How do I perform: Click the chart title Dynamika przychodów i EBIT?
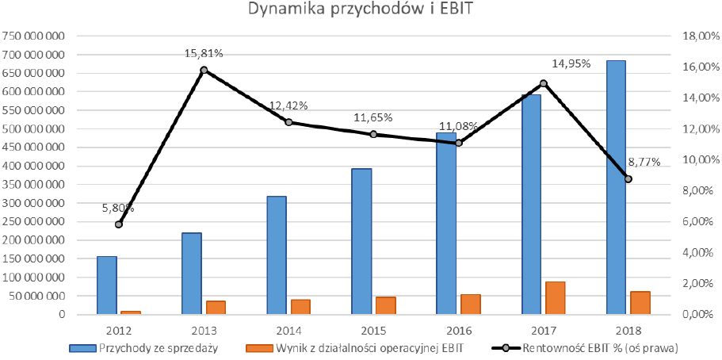coord(361,11)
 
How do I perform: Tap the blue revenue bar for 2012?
coord(106,285)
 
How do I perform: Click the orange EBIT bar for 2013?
coord(216,308)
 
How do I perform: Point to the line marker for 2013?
coord(204,70)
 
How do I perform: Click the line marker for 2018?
coord(628,179)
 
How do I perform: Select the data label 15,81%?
coord(204,54)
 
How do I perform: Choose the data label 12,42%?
coord(288,106)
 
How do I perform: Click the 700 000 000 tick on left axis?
coord(34,55)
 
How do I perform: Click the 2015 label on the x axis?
coord(373,329)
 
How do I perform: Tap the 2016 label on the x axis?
coord(458,329)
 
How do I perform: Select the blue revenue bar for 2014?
coord(276,255)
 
